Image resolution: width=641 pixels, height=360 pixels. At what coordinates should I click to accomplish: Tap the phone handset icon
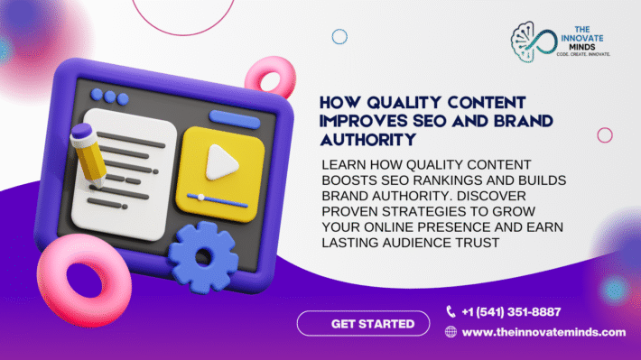[x=451, y=312]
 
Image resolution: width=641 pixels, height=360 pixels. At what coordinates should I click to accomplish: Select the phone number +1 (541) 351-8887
[x=511, y=312]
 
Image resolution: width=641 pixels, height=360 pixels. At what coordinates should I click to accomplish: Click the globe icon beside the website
[x=451, y=332]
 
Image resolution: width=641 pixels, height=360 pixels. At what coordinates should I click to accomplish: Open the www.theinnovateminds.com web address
[x=543, y=332]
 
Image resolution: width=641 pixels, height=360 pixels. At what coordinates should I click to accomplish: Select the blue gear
[x=203, y=255]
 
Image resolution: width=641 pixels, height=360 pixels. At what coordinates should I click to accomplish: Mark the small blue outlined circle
[x=339, y=37]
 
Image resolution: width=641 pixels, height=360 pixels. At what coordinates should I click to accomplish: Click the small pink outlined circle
[x=604, y=134]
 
